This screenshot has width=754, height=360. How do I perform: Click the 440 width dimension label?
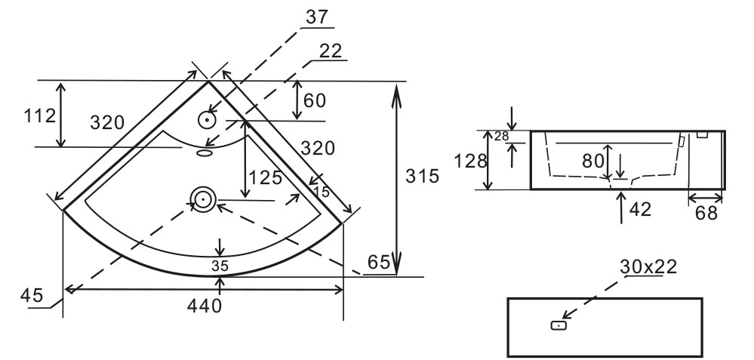205,306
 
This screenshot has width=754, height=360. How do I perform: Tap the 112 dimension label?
40,116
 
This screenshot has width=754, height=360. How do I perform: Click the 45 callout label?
32,294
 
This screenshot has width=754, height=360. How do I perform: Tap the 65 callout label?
380,264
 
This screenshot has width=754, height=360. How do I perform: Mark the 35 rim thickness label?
220,265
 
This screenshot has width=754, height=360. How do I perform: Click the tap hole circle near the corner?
208,119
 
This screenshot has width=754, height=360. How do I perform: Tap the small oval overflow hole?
205,152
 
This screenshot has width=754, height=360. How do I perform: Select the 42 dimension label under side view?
640,209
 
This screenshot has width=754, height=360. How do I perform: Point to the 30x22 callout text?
648,266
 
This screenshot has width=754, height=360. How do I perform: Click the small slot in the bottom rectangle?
558,325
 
